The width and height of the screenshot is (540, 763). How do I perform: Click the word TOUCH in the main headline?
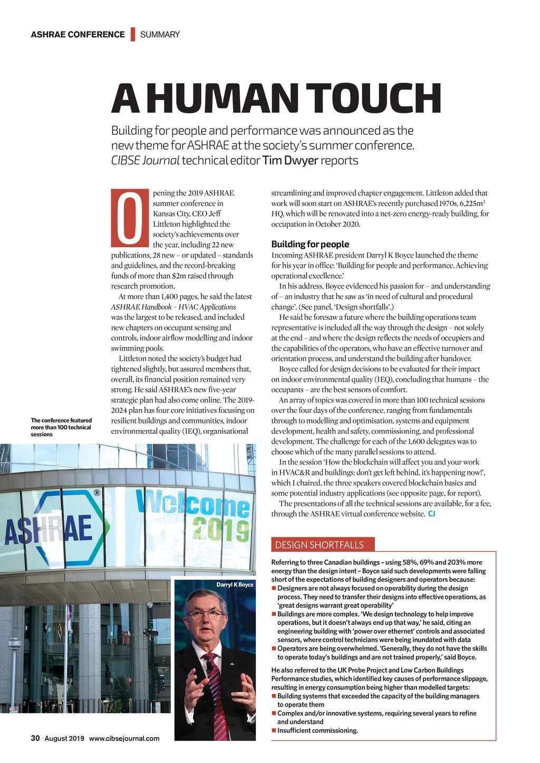click(373, 99)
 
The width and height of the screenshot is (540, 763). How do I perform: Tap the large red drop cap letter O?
click(130, 219)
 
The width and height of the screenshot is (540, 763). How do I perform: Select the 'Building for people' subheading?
click(310, 244)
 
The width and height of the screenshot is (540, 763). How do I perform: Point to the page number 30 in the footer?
click(35, 738)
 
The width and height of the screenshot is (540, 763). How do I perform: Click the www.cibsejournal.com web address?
click(124, 738)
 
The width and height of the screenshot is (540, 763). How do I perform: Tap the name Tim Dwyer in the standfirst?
click(290, 161)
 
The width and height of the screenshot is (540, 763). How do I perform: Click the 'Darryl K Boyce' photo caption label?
click(235, 584)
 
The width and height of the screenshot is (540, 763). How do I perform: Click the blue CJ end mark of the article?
click(431, 514)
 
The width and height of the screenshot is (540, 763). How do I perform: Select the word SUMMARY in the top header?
click(160, 35)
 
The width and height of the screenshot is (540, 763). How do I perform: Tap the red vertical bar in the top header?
click(133, 34)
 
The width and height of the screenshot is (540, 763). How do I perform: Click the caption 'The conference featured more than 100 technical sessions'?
click(61, 427)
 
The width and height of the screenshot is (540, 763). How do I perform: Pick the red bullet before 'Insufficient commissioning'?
click(274, 730)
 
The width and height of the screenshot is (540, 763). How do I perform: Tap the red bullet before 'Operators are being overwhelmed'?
click(274, 649)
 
